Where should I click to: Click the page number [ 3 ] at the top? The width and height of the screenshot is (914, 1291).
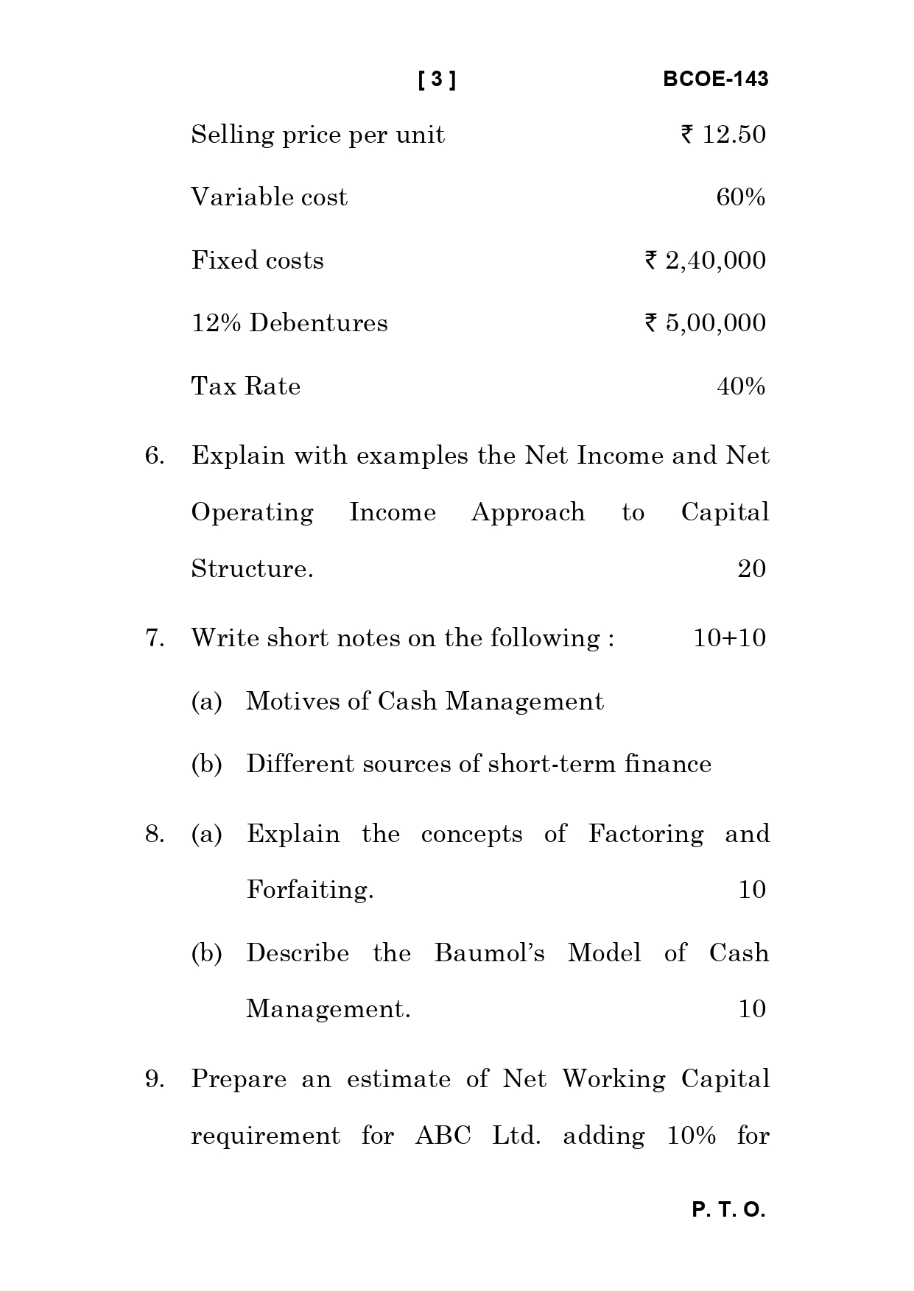pos(437,79)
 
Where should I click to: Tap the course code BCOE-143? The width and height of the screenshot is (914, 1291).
pos(715,79)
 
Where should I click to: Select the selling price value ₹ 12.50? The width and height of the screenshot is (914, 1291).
pos(724,135)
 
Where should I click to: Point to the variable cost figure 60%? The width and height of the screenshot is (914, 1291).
pos(740,197)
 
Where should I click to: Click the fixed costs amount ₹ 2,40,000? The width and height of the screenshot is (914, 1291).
pos(706,261)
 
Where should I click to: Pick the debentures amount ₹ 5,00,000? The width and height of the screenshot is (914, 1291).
pos(706,323)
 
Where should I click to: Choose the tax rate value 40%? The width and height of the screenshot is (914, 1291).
pos(740,386)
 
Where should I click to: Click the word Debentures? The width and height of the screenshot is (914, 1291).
pos(318,323)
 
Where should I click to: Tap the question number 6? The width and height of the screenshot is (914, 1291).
pos(154,456)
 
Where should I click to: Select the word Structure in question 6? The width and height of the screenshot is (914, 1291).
pos(252,569)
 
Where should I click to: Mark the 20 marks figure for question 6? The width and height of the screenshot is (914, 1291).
pos(751,569)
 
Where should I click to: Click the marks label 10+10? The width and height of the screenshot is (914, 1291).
pos(729,638)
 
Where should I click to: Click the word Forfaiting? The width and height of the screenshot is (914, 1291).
pos(310,891)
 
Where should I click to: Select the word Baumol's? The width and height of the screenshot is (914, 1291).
pos(490,953)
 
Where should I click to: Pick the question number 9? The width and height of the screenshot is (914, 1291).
pos(154,1080)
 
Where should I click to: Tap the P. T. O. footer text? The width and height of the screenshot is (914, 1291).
pos(728,1210)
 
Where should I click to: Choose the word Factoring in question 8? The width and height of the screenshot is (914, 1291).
pos(646,834)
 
